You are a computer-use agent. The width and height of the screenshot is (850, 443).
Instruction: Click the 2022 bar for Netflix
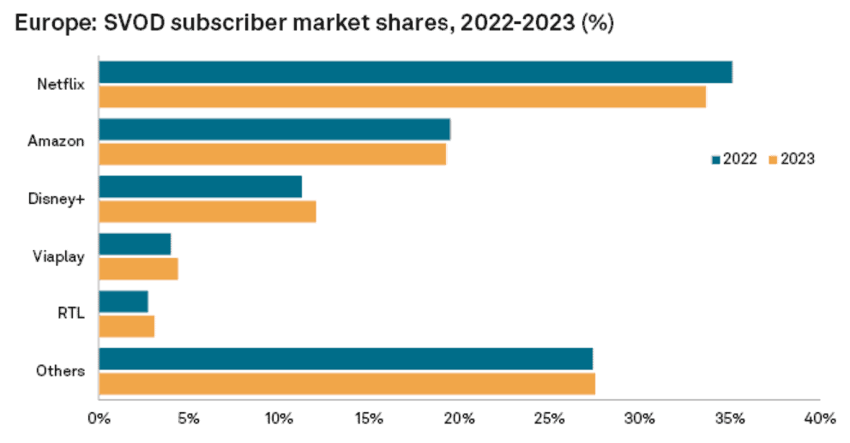(415, 72)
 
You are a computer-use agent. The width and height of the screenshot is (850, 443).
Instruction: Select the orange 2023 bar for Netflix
(402, 97)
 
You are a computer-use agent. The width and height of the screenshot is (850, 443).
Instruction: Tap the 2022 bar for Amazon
(274, 129)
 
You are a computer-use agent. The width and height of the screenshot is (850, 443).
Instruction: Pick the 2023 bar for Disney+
(208, 211)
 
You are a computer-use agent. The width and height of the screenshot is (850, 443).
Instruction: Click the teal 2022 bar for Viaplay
(135, 244)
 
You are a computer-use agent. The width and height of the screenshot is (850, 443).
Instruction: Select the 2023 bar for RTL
(127, 326)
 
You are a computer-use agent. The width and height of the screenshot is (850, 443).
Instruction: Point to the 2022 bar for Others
(346, 359)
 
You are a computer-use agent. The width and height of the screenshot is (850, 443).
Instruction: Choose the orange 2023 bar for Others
(347, 384)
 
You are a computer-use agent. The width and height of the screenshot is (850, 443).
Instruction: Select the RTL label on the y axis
(70, 314)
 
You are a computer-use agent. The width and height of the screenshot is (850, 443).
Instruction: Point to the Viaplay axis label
(60, 256)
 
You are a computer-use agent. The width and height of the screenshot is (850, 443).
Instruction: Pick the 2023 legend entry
(791, 159)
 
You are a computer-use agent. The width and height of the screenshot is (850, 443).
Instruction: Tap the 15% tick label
(369, 419)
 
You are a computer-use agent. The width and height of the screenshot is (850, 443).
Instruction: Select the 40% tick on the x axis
(820, 419)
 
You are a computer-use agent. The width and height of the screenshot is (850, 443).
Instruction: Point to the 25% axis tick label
(549, 419)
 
